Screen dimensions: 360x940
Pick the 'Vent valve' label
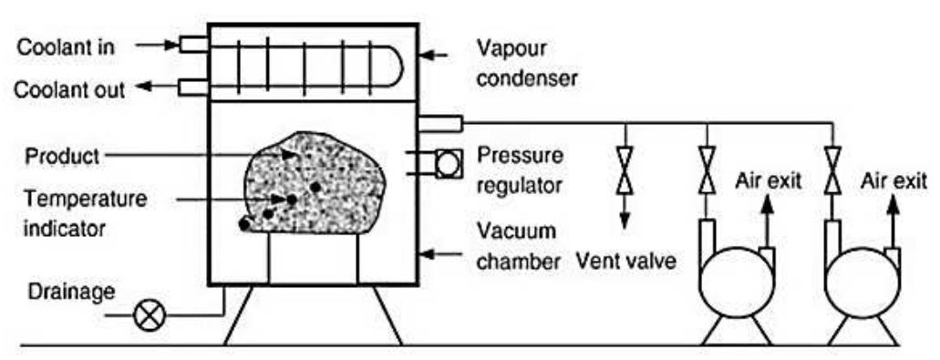pos(626,263)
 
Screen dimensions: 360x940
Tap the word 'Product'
pos(60,155)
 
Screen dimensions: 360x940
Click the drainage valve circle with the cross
pos(147,316)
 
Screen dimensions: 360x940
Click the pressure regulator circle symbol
pos(449,164)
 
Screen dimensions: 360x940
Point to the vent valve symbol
pos(625,170)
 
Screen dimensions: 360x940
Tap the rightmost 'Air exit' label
pos(894,180)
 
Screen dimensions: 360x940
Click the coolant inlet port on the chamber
pos(193,45)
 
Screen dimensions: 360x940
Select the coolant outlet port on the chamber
pos(193,87)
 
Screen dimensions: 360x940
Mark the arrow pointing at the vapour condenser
pos(439,57)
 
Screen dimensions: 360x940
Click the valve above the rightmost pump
pos(832,170)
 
